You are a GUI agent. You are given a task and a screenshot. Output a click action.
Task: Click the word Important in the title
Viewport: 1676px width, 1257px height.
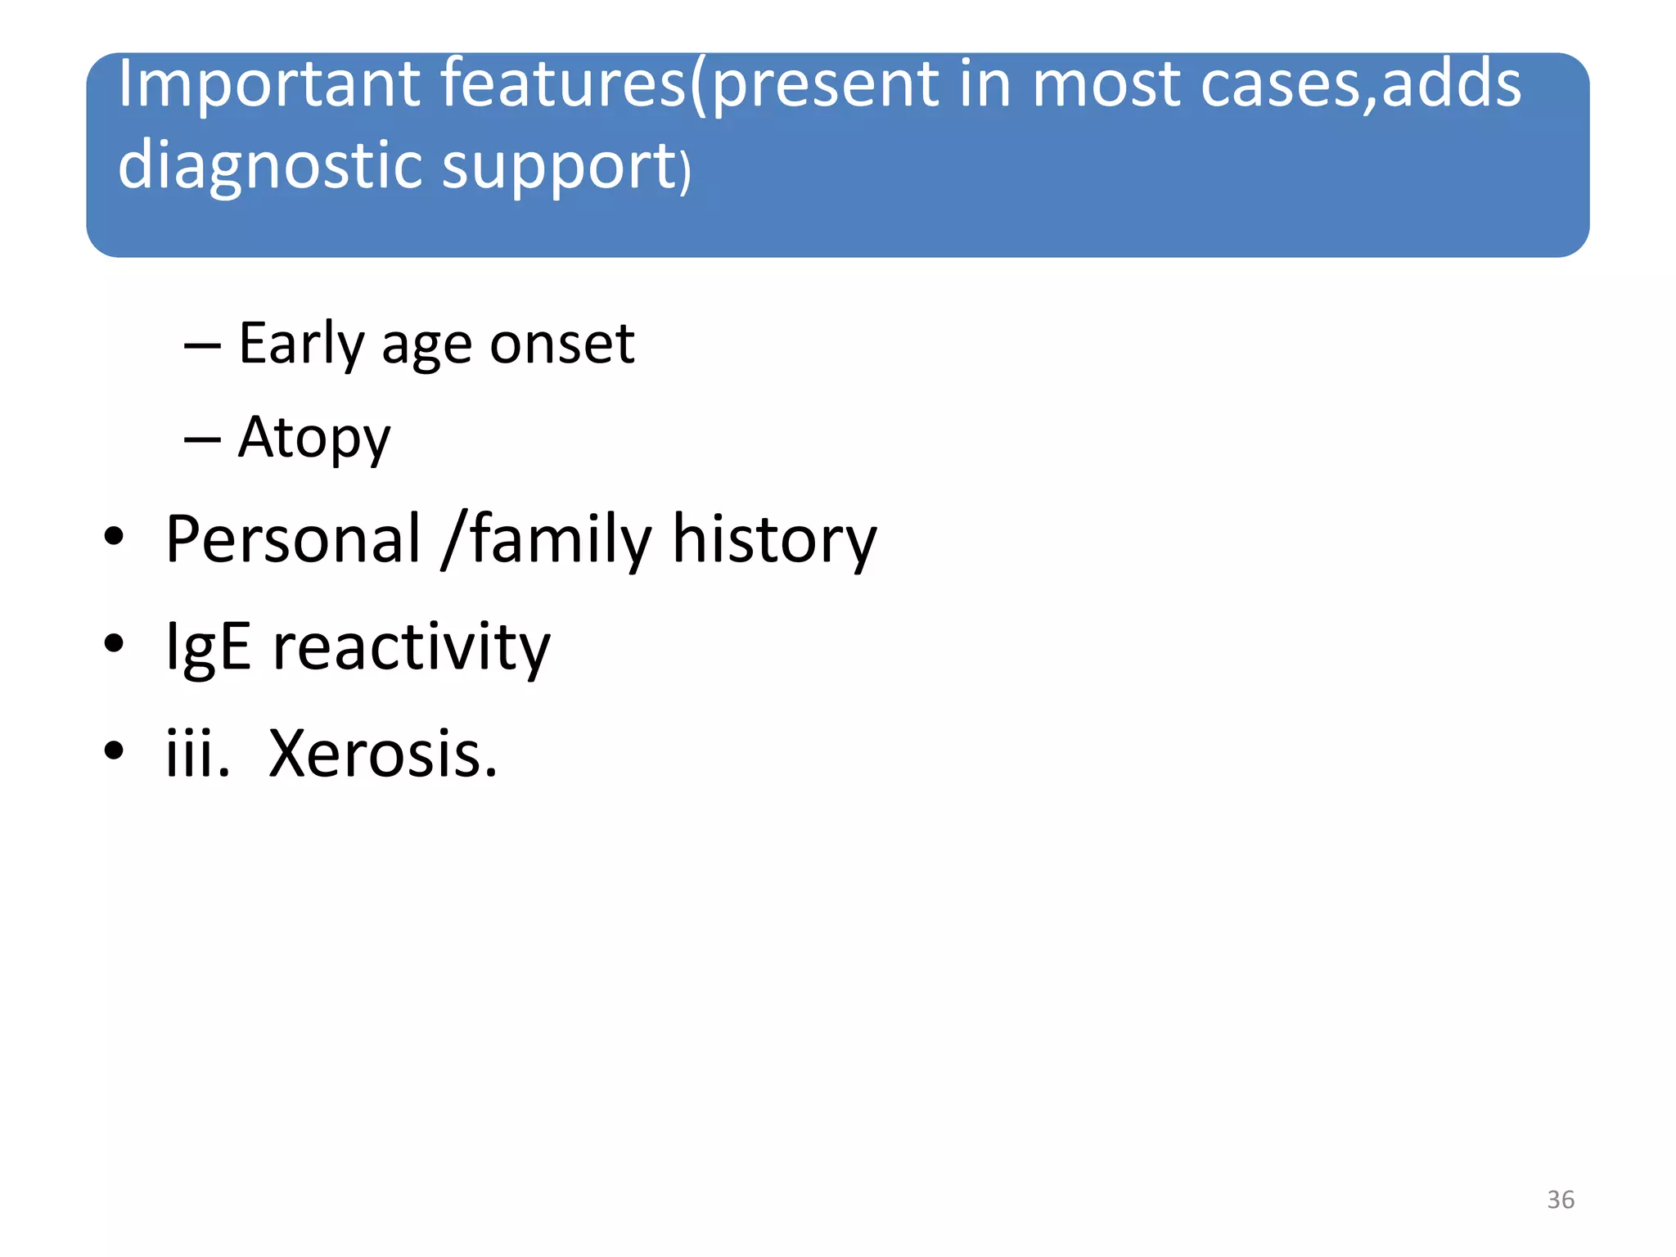pos(268,85)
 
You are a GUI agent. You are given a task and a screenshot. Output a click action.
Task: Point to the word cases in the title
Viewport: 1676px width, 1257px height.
pos(1283,85)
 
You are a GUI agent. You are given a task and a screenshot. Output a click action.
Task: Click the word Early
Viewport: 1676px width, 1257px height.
pos(300,344)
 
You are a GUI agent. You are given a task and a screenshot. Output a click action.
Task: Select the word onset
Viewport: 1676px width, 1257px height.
pos(561,344)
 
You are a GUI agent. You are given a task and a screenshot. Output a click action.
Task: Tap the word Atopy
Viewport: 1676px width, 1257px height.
pos(314,439)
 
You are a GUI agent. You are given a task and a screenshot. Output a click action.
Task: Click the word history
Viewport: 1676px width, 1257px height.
pos(774,541)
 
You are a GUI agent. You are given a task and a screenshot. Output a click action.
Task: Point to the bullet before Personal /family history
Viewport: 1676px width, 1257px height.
pos(114,537)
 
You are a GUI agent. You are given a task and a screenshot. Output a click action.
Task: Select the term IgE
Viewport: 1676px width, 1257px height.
pos(208,647)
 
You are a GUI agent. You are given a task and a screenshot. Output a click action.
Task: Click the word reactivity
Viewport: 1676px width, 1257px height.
pos(412,647)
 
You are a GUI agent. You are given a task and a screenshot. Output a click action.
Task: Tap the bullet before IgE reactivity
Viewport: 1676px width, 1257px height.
pos(114,643)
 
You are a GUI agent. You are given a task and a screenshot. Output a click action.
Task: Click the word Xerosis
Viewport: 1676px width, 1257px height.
pos(382,754)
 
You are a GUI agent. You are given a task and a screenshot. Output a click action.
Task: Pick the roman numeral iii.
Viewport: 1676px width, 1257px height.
pos(196,754)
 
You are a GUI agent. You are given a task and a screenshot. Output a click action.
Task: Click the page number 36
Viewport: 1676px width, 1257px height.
pos(1560,1200)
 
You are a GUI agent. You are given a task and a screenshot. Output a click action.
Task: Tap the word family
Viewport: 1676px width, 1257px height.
pos(561,541)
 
